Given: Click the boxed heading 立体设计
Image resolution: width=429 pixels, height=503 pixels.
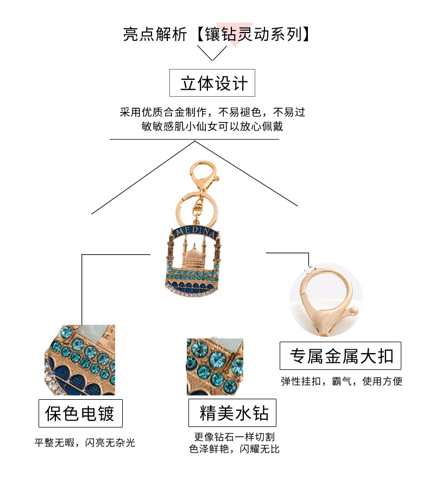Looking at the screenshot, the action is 212,83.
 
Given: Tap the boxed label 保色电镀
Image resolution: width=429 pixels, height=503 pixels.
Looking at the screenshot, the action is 80,414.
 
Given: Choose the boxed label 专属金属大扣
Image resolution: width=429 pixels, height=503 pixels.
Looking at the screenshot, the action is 340,356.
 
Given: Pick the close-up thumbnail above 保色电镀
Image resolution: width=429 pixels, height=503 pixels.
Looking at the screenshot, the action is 80,360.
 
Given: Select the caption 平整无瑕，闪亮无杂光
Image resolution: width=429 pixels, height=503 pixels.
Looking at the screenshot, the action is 84,443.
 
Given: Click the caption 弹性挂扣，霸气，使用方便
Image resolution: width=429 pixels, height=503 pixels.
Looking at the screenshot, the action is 342,381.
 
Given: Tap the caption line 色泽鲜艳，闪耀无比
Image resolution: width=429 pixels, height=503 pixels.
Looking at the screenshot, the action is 234,449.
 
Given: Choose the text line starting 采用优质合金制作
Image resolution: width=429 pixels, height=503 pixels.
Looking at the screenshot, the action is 212,112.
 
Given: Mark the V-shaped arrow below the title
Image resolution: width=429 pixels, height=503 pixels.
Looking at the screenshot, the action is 212,53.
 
